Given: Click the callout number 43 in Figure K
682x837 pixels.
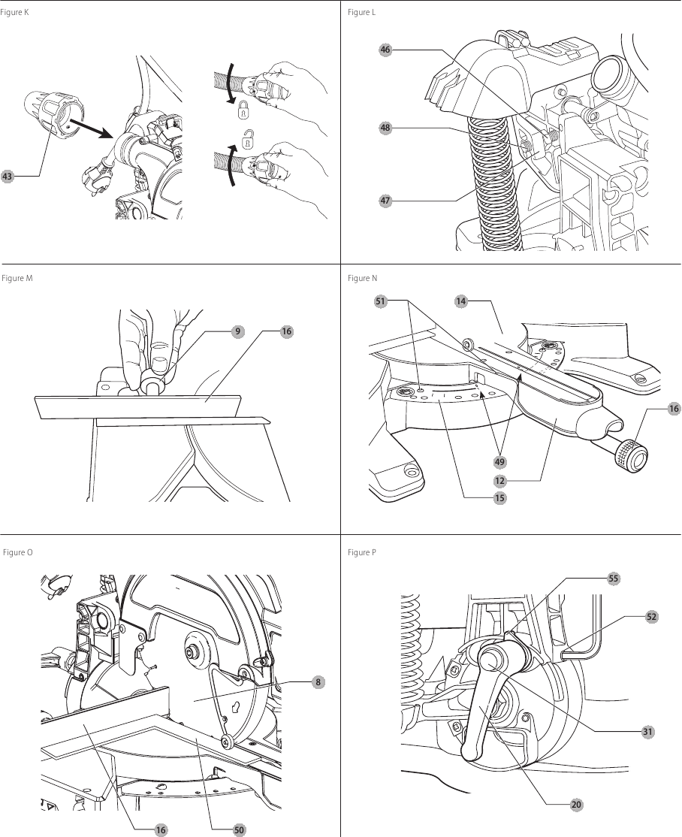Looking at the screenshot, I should tap(8, 177).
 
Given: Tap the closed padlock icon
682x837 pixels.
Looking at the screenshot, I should tap(243, 112).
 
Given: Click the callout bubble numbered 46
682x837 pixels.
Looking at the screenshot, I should tap(385, 50).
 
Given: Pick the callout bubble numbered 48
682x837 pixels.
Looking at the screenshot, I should tap(385, 128).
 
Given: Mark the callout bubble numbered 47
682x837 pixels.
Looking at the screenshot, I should tap(385, 201).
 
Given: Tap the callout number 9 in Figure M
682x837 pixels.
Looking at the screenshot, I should tap(237, 330).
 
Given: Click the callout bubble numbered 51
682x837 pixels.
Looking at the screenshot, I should tap(380, 302).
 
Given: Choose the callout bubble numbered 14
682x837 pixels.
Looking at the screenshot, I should tap(461, 302).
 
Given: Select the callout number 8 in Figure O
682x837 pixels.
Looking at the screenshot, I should tap(318, 681).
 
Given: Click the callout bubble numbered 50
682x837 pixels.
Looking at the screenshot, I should tap(239, 829).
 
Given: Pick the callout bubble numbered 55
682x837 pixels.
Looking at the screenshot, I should tap(614, 579).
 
